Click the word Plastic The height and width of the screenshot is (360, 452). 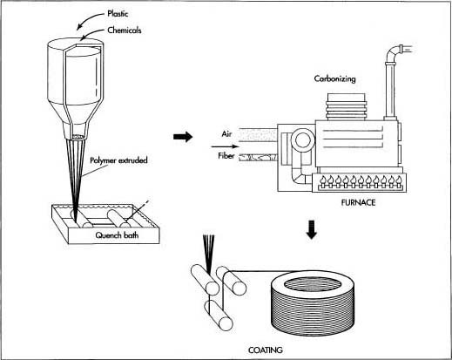coord(118,14)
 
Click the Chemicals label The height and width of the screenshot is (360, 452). coord(125,31)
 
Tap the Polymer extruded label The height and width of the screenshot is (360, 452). coord(118,160)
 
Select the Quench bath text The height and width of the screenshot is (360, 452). coord(117,234)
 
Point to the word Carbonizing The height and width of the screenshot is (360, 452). coord(334,79)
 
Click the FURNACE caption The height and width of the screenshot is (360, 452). coord(358,202)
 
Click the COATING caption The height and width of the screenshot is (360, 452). coord(266,350)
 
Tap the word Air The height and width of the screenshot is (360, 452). coord(226,134)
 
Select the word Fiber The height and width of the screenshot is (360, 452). coord(226,156)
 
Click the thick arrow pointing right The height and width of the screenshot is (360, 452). coord(183,137)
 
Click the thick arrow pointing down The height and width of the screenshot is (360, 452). coord(312,230)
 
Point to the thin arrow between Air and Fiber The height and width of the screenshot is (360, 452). coord(226,146)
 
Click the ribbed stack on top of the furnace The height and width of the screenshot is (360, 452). coord(347,107)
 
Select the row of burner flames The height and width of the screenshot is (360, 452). coord(360,181)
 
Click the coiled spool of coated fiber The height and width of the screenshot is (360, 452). coord(313,303)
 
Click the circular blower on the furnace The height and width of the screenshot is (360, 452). coord(303,140)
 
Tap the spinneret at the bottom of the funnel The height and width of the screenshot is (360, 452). coord(78,137)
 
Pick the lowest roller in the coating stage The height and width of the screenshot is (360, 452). coord(219,315)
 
